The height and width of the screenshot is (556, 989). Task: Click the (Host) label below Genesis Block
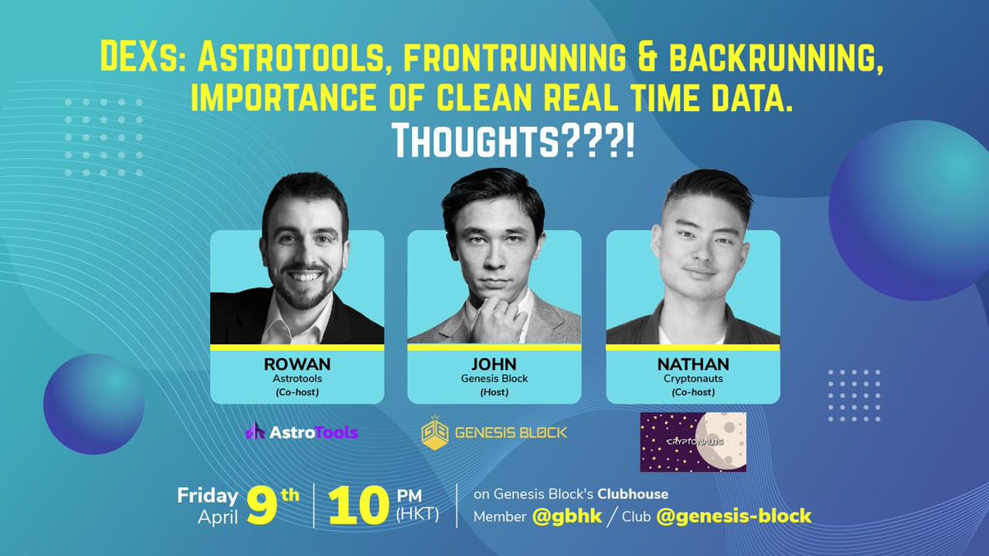click(x=494, y=392)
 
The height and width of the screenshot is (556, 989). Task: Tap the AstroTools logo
click(x=302, y=432)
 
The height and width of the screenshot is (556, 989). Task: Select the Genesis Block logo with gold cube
click(x=494, y=432)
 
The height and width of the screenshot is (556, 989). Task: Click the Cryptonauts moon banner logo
click(x=692, y=442)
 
